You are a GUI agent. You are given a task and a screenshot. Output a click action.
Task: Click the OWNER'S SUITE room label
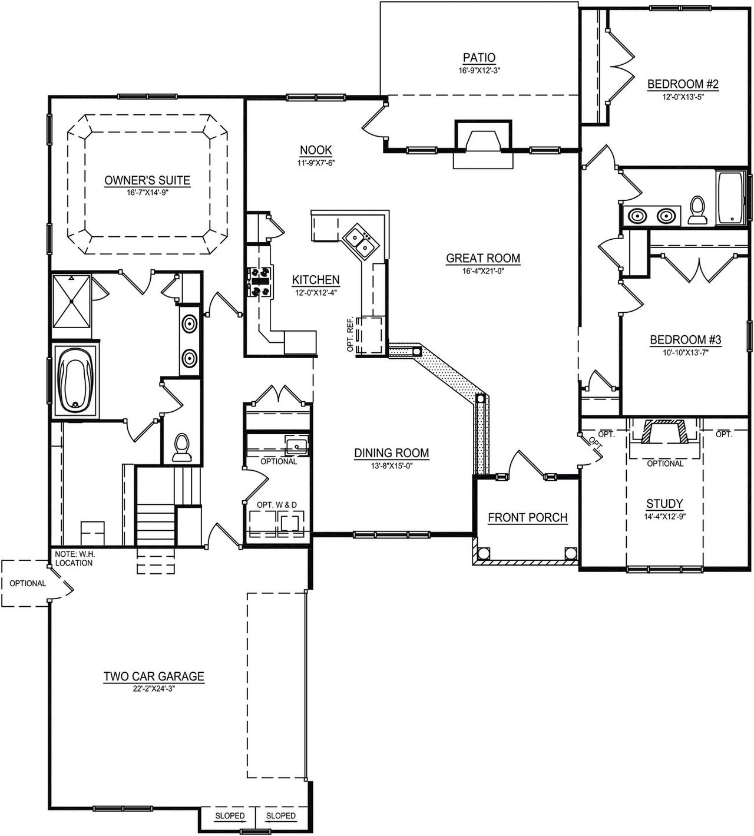click(147, 180)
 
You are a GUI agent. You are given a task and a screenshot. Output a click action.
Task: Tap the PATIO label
click(478, 58)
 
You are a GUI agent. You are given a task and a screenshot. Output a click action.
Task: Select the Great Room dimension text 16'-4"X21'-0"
click(482, 271)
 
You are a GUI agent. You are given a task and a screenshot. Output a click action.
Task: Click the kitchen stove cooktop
click(260, 281)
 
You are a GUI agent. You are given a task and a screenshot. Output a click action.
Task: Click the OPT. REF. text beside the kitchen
click(350, 335)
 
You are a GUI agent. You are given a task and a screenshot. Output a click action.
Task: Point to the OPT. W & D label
click(276, 505)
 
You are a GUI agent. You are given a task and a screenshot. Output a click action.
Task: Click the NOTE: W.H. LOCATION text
click(74, 559)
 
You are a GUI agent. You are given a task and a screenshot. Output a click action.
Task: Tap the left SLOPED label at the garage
click(230, 816)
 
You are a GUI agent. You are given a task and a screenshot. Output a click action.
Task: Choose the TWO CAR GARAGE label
click(154, 676)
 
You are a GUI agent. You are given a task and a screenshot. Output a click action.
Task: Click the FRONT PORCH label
click(527, 517)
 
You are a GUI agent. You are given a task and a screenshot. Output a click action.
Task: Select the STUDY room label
click(664, 504)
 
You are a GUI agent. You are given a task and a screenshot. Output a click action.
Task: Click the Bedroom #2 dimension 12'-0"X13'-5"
click(683, 98)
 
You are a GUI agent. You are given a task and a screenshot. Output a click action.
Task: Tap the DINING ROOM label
click(391, 453)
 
